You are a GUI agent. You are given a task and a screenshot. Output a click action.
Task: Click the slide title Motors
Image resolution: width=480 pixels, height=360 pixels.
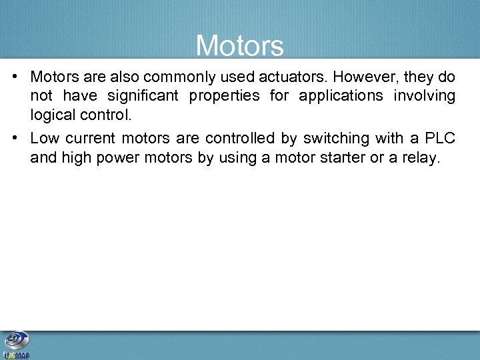pyautogui.click(x=240, y=45)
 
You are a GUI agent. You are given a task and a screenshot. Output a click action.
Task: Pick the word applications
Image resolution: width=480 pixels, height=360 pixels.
pyautogui.click(x=341, y=96)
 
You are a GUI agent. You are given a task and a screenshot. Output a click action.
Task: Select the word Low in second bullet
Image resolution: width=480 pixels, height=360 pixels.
pyautogui.click(x=45, y=139)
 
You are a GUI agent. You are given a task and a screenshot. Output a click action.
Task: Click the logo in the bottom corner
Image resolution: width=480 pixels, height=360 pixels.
pyautogui.click(x=16, y=345)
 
